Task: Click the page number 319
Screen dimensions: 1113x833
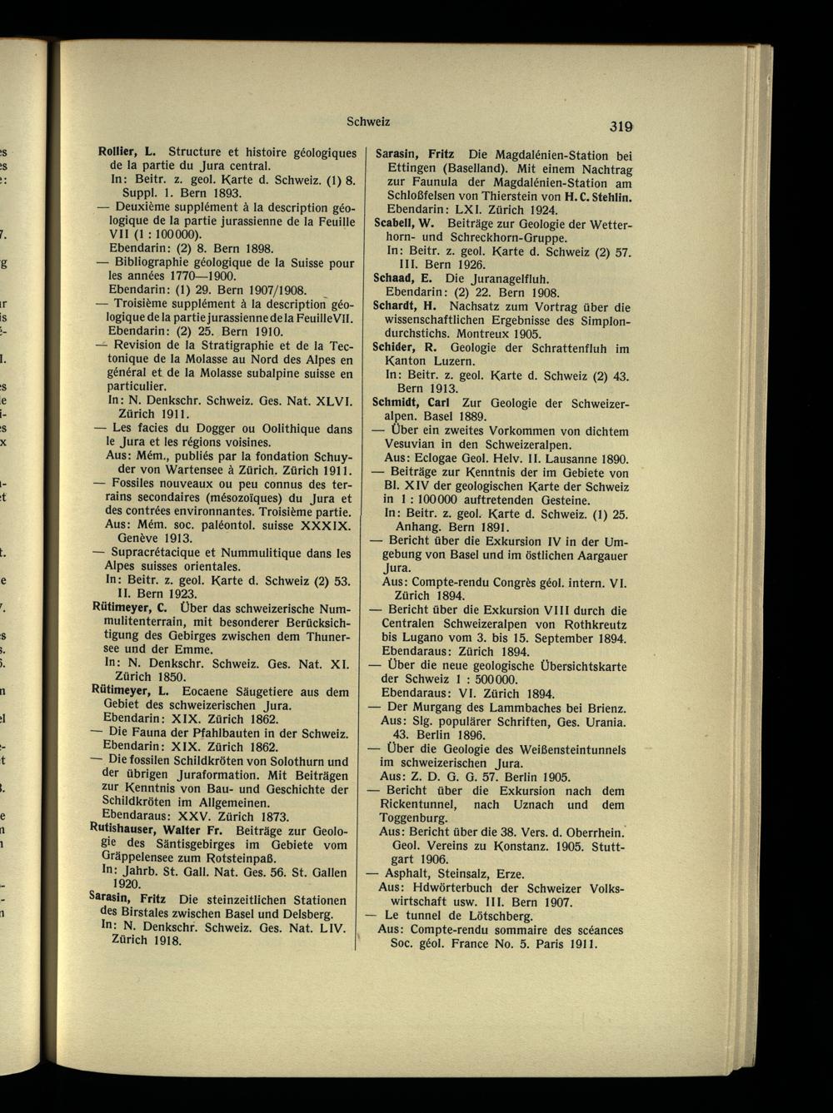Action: tap(621, 127)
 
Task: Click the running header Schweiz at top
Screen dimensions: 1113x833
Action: tap(367, 122)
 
